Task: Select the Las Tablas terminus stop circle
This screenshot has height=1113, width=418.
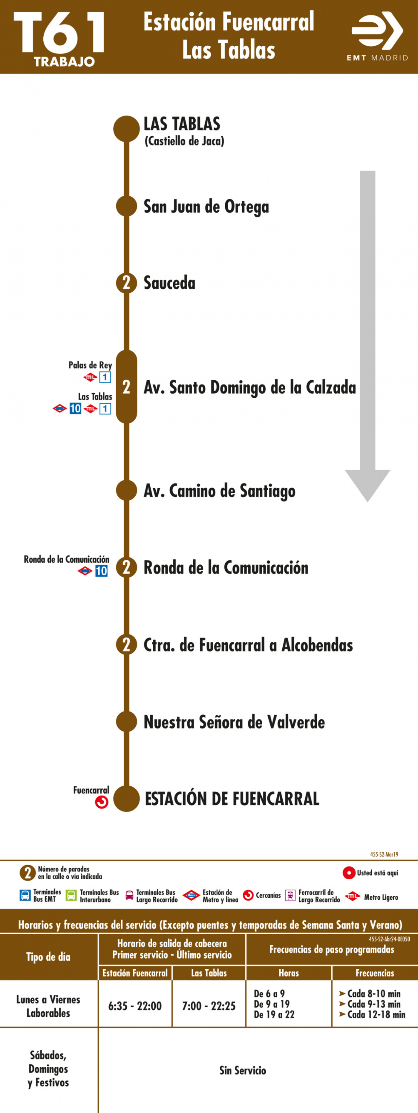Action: point(126,129)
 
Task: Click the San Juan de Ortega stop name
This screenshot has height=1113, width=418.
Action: point(206,206)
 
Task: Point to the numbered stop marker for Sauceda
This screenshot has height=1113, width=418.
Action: point(126,283)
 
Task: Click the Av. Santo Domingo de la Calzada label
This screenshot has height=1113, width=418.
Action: point(249,387)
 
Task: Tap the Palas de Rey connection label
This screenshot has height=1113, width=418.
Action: point(90,365)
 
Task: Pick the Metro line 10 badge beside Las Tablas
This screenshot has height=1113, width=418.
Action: point(75,408)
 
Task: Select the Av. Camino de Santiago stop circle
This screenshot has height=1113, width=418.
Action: point(126,490)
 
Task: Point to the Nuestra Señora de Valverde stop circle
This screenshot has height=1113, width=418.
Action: point(126,722)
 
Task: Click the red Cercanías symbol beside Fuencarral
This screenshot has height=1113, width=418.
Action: point(102,802)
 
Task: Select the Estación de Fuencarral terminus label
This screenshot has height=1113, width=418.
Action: point(232,799)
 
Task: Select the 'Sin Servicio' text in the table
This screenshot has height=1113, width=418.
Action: point(243,1070)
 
